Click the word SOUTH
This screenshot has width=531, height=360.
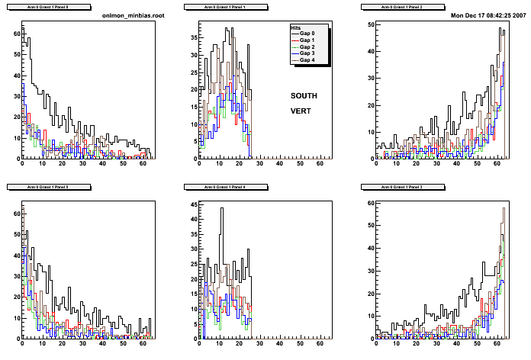click(304, 96)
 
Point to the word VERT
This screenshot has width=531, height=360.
click(300, 111)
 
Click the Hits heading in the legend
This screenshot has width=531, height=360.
click(296, 27)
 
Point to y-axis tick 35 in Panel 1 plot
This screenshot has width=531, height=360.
click(192, 36)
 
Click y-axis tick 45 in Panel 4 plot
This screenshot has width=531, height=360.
click(192, 204)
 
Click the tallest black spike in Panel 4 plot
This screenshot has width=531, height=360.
click(222, 209)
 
